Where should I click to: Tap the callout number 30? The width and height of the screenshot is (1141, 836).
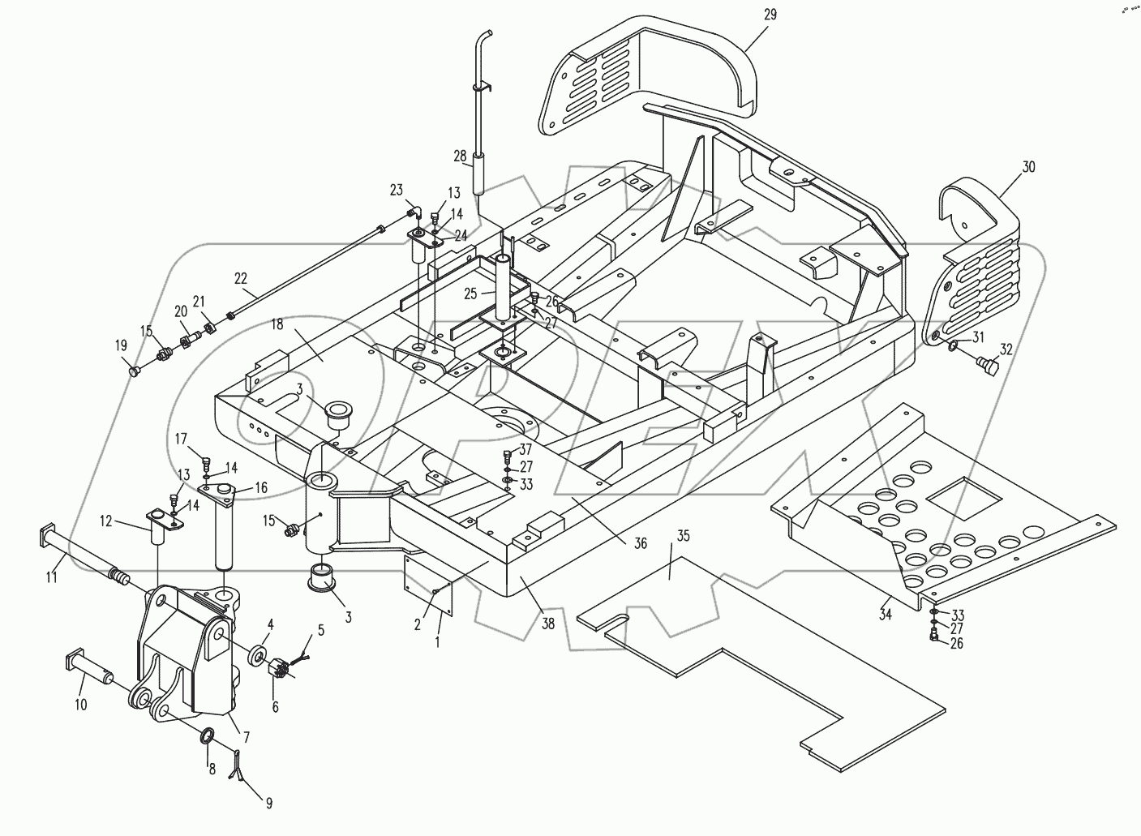point(1028,167)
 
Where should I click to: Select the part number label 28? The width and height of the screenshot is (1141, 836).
point(460,156)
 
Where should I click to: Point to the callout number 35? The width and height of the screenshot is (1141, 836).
point(683,535)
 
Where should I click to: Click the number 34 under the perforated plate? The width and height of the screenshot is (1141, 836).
point(885,615)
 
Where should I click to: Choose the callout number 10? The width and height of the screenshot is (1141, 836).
point(80,705)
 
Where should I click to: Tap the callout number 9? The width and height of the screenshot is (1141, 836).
point(268,804)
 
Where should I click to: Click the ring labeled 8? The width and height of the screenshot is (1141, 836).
point(208,736)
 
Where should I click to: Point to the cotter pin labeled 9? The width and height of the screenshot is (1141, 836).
point(238,766)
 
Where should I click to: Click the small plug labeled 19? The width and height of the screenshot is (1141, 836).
point(135,371)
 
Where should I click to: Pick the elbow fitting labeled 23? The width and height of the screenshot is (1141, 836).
point(414,214)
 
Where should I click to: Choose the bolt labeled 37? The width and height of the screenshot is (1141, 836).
point(507,454)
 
